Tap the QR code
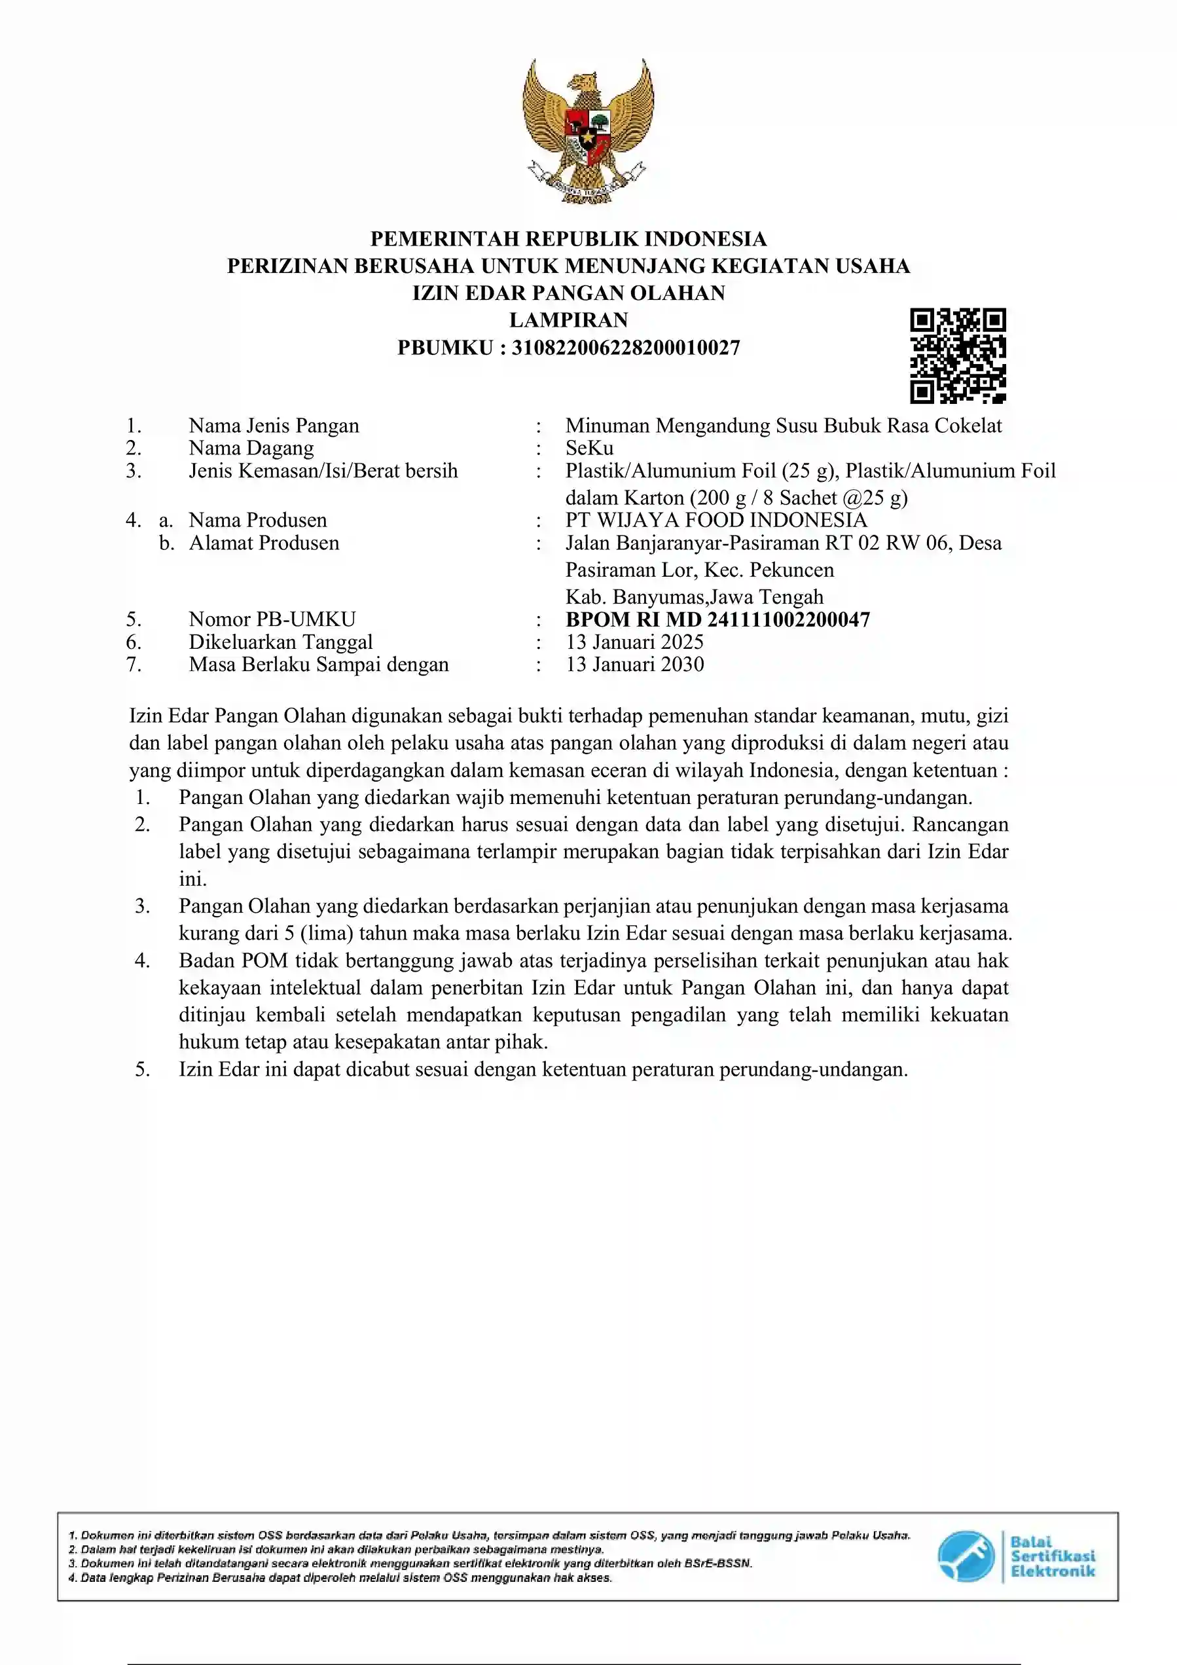click(x=958, y=356)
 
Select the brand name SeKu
click(x=590, y=448)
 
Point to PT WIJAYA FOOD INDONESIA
click(x=715, y=520)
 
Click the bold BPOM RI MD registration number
click(x=717, y=619)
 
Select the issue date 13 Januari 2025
click(x=634, y=642)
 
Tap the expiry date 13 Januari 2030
click(x=634, y=665)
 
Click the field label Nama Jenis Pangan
click(x=274, y=426)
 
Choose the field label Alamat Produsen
click(x=264, y=543)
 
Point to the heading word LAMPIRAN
click(x=569, y=320)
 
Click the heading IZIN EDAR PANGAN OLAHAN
click(x=569, y=293)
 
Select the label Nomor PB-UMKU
click(x=272, y=619)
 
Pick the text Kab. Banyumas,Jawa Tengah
click(x=694, y=597)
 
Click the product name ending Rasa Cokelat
click(x=783, y=426)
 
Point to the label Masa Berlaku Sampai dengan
click(x=318, y=665)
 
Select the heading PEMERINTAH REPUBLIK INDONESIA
click(x=569, y=238)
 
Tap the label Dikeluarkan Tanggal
click(x=281, y=642)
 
